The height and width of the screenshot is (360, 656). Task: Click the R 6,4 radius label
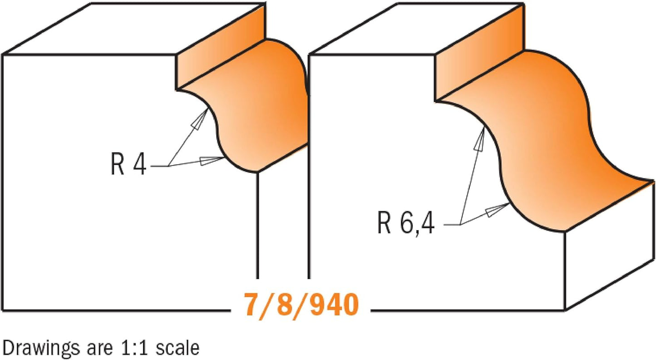click(406, 222)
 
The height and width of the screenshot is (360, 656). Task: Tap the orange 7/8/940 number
click(301, 305)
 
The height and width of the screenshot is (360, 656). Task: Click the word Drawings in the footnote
click(41, 349)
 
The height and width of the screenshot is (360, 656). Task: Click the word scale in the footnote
click(178, 348)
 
